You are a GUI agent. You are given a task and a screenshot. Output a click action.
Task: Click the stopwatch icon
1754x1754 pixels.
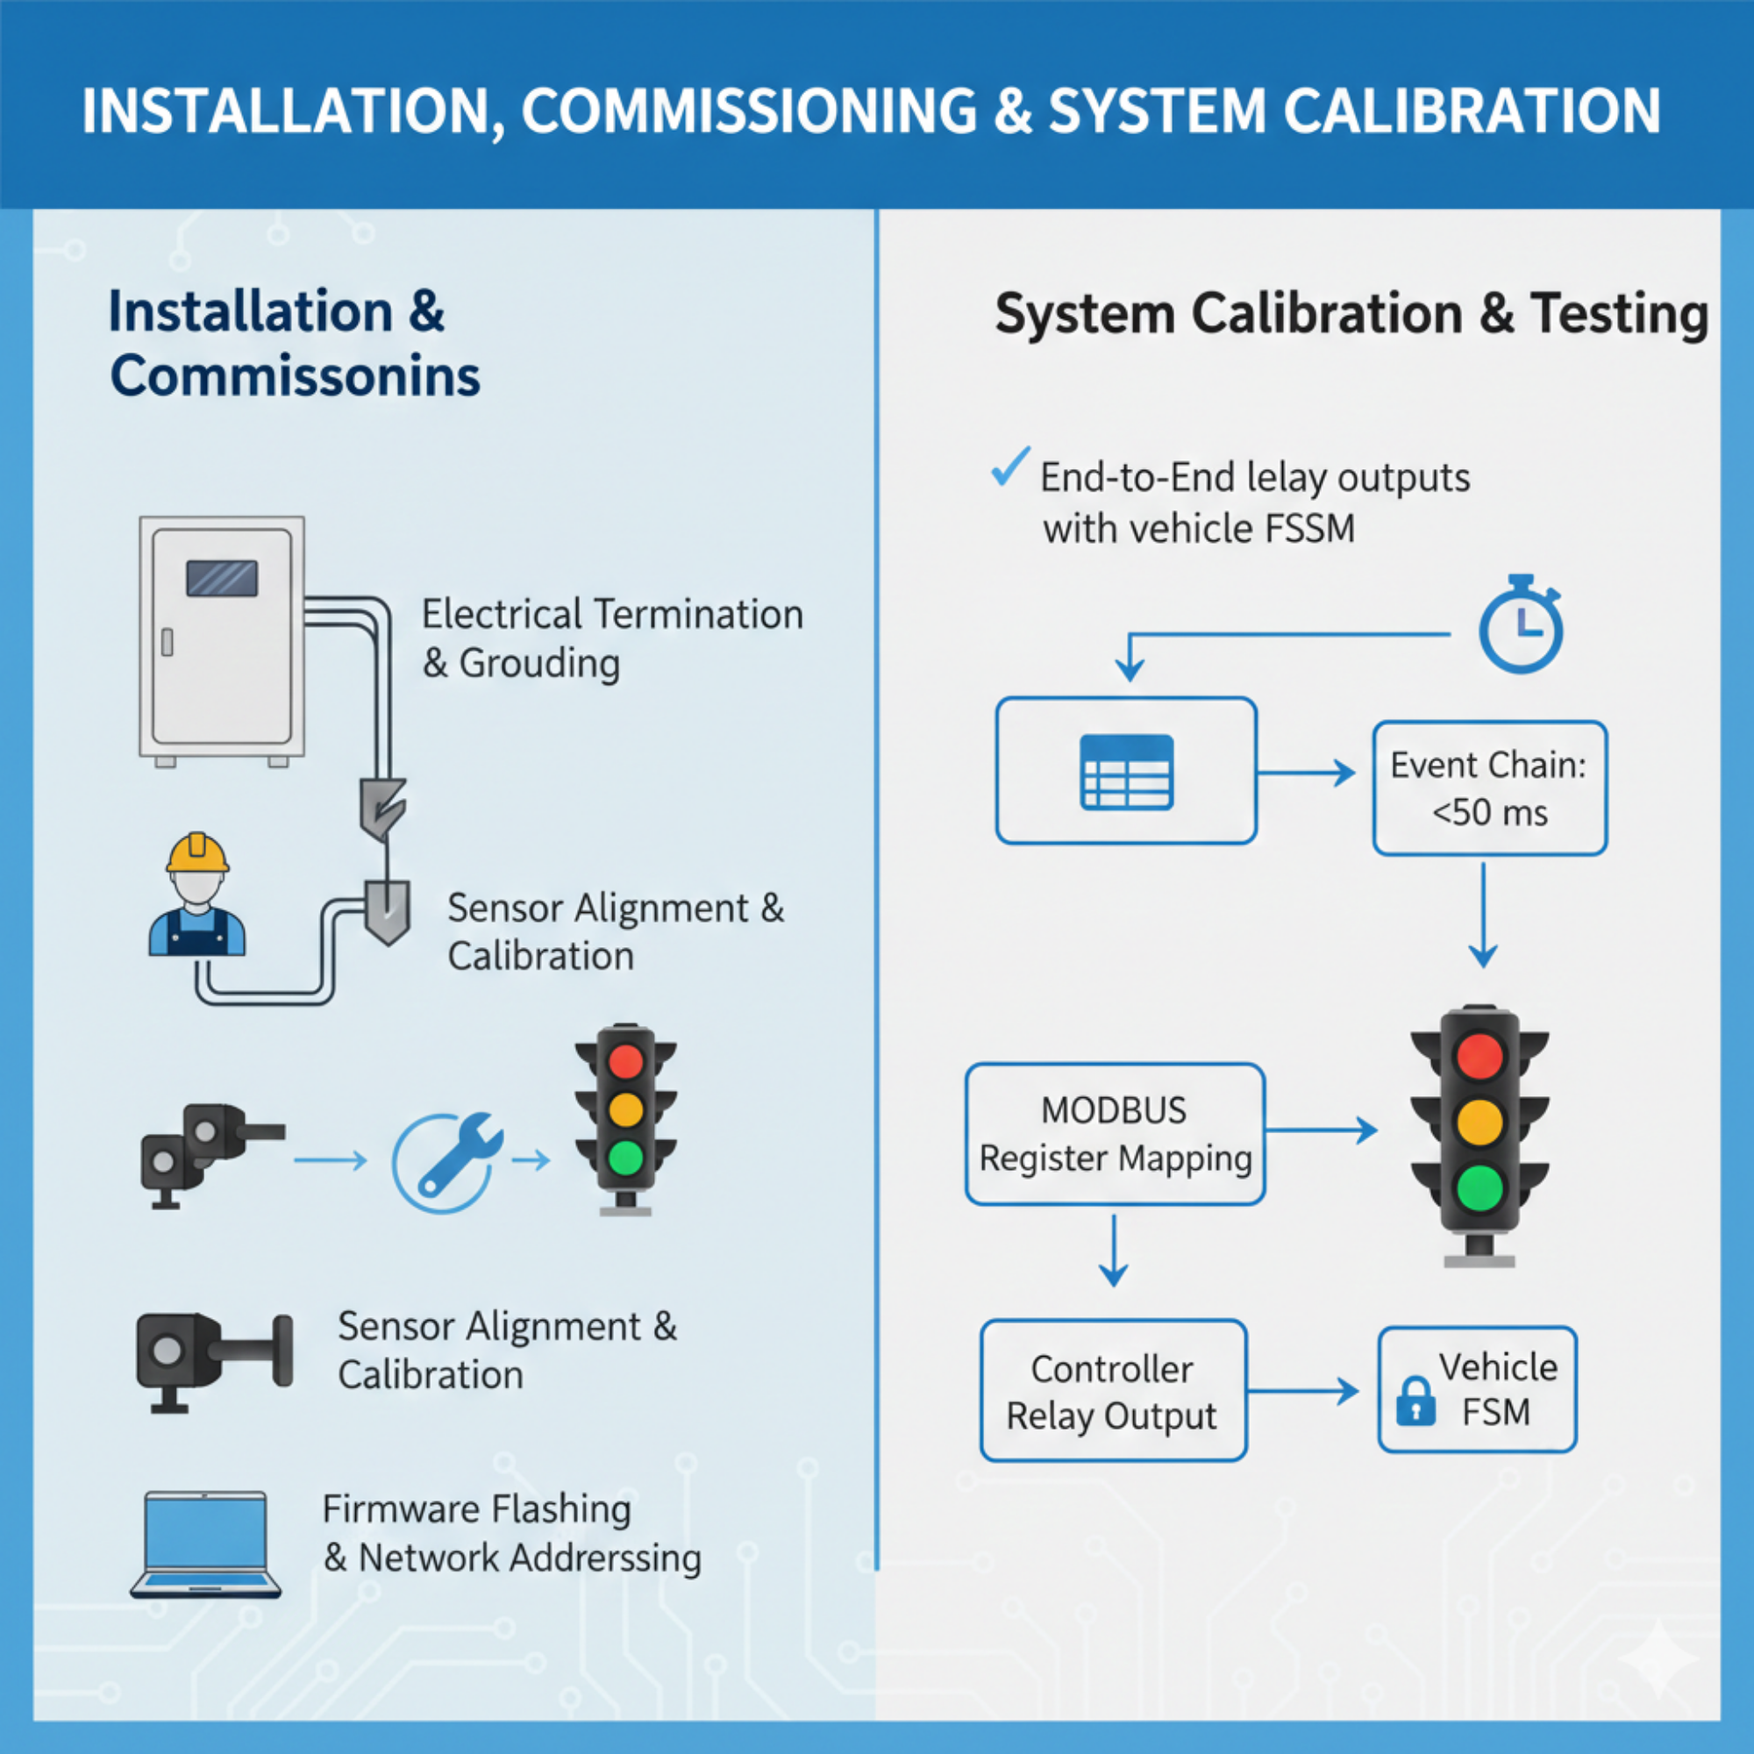tap(1521, 626)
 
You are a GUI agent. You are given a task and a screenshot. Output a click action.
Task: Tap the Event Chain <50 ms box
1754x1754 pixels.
tap(1489, 788)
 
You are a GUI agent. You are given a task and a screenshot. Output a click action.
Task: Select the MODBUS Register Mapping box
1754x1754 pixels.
tap(1115, 1134)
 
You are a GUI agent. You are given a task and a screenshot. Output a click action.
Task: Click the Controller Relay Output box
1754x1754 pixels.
tap(1113, 1391)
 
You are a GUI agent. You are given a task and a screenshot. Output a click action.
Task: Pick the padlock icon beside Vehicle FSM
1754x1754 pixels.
tap(1415, 1401)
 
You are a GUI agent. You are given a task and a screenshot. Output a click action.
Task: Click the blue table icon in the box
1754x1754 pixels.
tap(1127, 772)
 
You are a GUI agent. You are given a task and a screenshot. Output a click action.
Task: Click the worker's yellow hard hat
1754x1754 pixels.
tap(197, 853)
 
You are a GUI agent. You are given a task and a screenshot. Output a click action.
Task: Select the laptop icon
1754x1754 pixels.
tap(206, 1544)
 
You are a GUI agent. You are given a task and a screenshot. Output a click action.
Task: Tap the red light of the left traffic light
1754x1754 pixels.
tap(625, 1060)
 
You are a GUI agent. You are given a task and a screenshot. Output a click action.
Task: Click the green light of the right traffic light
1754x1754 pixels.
tap(1479, 1187)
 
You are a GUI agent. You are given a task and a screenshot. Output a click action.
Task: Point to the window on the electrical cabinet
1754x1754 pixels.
tap(222, 578)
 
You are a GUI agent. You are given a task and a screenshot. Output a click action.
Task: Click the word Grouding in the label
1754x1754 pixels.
tap(539, 664)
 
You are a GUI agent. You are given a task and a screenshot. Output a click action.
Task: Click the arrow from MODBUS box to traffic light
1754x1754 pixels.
tap(1321, 1130)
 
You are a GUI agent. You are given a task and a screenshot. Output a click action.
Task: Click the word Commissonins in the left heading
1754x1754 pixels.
tap(295, 376)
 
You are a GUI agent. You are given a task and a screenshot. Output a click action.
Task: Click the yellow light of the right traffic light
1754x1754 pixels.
tap(1479, 1123)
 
